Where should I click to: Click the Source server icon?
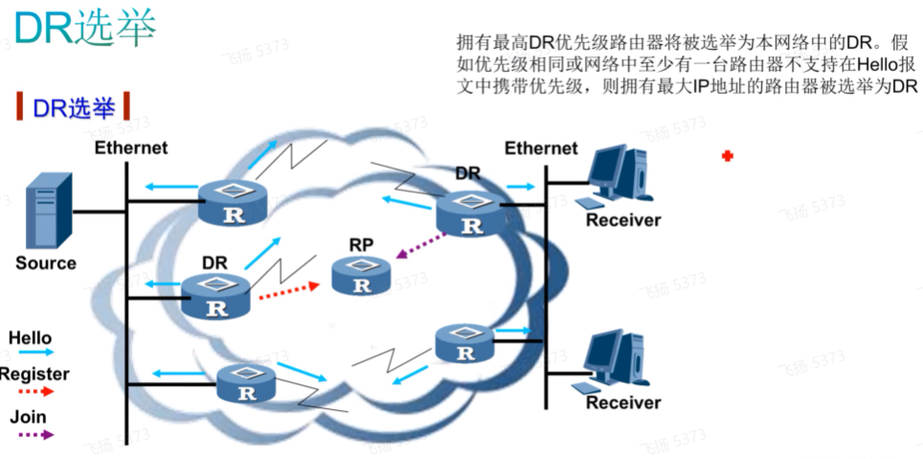tap(49, 211)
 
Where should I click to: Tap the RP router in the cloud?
tap(361, 276)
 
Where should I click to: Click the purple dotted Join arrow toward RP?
tap(420, 245)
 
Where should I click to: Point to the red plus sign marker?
tap(728, 156)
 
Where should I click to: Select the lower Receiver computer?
tap(618, 360)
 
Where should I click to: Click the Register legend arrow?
tap(35, 391)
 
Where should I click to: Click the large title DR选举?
tap(85, 29)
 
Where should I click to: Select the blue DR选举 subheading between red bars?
tap(74, 108)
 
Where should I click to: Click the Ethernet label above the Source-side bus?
tap(131, 148)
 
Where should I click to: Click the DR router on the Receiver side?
tap(471, 213)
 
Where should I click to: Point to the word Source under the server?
tap(46, 263)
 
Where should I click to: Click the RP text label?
tap(361, 245)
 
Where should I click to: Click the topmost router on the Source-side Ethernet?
tap(233, 203)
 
